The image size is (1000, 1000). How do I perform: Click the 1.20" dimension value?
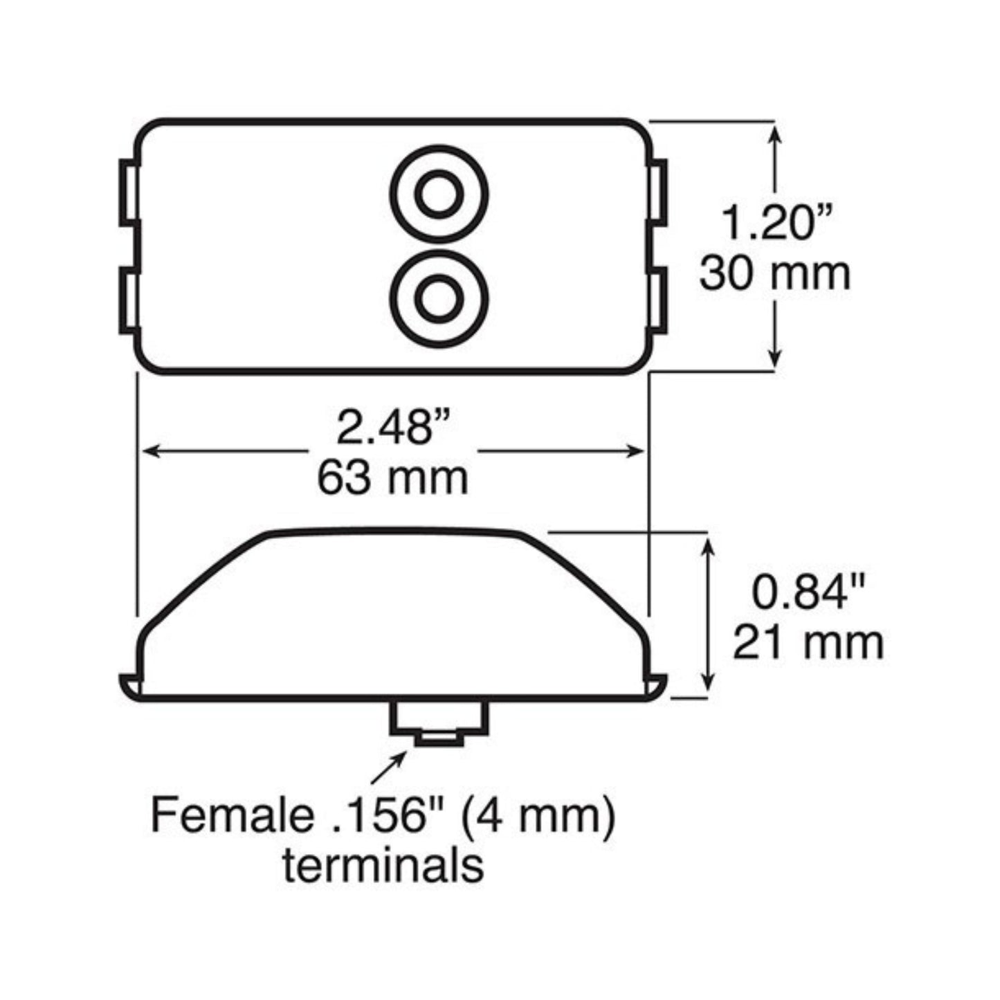pyautogui.click(x=777, y=222)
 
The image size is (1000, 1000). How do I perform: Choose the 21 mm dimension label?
pyautogui.click(x=808, y=644)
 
